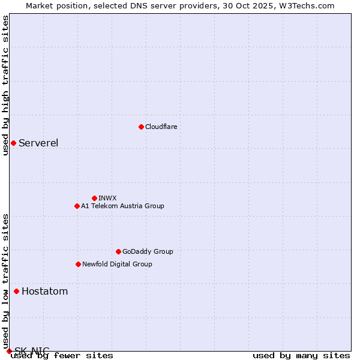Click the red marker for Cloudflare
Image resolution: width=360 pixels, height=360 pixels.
(x=141, y=127)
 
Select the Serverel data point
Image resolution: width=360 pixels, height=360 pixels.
(x=13, y=143)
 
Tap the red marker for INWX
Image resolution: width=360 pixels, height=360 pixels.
(x=94, y=198)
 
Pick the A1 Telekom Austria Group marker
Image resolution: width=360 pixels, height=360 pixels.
(x=77, y=206)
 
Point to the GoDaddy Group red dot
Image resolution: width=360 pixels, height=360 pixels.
(x=118, y=251)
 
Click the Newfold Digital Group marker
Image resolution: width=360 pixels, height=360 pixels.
(x=78, y=264)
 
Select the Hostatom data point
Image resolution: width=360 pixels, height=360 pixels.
(x=16, y=292)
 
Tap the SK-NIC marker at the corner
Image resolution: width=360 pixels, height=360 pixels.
(x=9, y=351)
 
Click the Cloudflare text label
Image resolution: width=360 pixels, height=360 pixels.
(x=161, y=127)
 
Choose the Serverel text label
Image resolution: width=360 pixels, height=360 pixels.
(x=38, y=143)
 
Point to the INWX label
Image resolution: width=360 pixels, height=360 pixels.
(x=107, y=198)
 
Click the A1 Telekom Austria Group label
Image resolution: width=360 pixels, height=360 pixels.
(x=122, y=206)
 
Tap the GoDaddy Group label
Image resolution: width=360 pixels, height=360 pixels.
(x=148, y=251)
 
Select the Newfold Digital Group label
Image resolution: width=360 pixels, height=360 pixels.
(x=117, y=264)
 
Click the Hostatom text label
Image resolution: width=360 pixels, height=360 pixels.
(x=44, y=292)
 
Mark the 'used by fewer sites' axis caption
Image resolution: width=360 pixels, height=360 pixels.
(x=62, y=356)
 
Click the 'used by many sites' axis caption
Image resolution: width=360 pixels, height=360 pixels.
(x=301, y=356)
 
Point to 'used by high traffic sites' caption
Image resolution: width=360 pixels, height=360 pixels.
(x=6, y=85)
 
